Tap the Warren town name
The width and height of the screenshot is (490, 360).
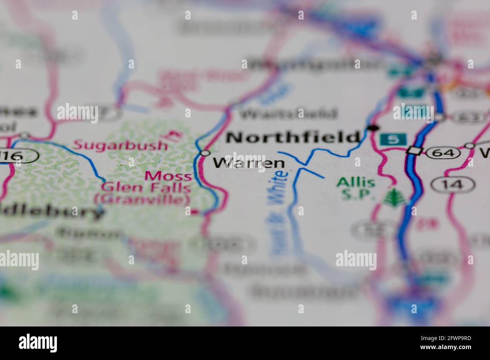pos(249,163)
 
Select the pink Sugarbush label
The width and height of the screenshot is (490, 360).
pos(120,145)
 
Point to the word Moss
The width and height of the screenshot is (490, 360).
pos(168,175)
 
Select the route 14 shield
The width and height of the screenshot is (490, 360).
pos(452,184)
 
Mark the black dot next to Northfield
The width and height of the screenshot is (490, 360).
pos(373,128)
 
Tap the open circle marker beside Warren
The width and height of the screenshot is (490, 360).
pos(205,153)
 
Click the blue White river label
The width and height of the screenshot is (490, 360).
pos(279,188)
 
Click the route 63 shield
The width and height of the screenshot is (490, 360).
pos(469,117)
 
